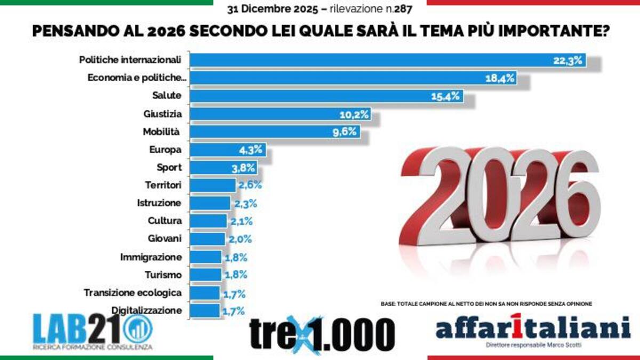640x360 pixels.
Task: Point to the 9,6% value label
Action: pyautogui.click(x=345, y=132)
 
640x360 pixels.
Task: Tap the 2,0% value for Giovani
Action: pyautogui.click(x=240, y=239)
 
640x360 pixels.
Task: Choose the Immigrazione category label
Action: pyautogui.click(x=151, y=257)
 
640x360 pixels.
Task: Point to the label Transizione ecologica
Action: pyautogui.click(x=133, y=293)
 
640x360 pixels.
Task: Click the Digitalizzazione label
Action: pyautogui.click(x=147, y=310)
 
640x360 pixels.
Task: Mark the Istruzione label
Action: pyautogui.click(x=159, y=203)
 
